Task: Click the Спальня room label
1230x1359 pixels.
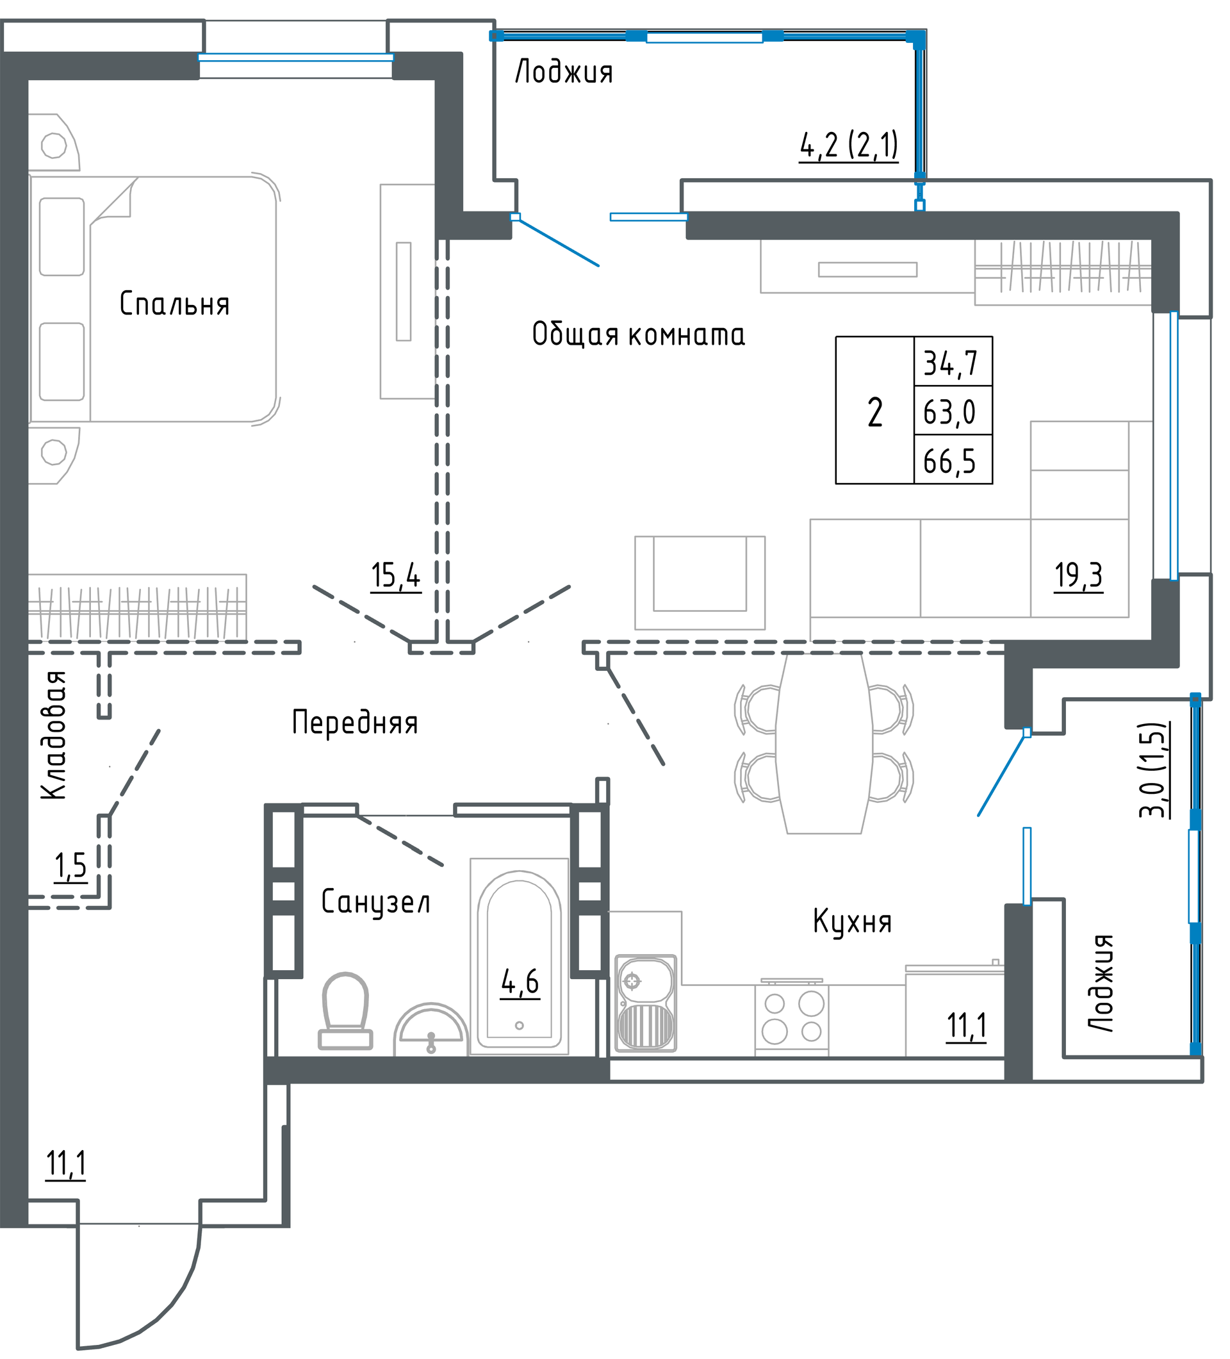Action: [174, 304]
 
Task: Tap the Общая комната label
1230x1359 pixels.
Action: [638, 334]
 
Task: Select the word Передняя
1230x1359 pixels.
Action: [355, 722]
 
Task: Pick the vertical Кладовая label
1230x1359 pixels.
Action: [54, 736]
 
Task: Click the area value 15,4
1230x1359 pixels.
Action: [396, 577]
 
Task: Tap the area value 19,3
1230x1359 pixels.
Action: [1078, 577]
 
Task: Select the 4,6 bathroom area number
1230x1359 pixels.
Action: [520, 983]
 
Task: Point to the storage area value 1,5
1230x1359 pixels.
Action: [70, 866]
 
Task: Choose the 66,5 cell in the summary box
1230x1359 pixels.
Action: [949, 462]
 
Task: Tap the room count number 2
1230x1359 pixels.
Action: [875, 413]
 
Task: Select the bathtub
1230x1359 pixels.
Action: [519, 957]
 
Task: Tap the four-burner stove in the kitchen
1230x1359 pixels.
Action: [792, 1017]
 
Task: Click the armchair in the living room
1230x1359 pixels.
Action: [700, 583]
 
